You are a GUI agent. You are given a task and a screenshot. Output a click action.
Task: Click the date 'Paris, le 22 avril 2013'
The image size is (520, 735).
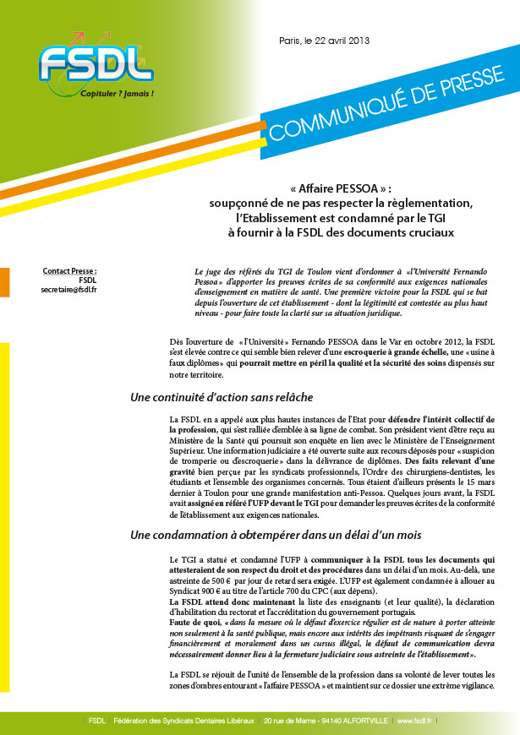[x=323, y=41]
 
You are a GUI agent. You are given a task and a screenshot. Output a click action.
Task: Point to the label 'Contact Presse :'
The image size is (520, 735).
[x=69, y=271]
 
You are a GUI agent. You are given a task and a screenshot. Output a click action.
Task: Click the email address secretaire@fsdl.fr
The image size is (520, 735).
[x=68, y=290]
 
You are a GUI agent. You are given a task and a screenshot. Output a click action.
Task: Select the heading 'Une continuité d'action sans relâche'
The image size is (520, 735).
[x=222, y=397]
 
